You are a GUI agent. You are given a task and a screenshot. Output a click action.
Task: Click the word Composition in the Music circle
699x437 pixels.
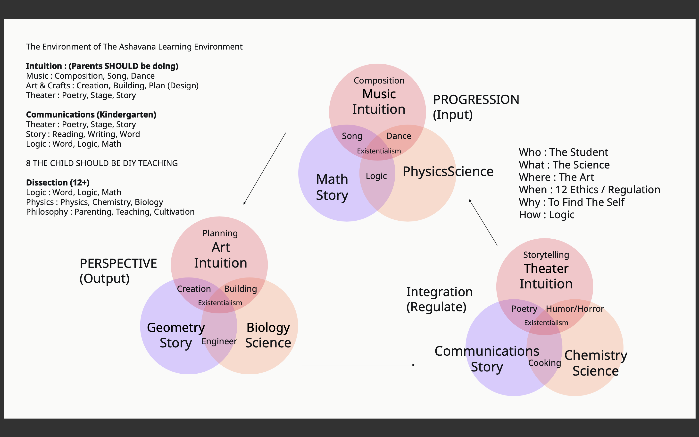pos(379,80)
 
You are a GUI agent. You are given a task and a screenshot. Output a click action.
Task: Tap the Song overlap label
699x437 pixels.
pos(352,136)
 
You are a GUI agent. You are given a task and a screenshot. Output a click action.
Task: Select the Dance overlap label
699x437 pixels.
pos(399,136)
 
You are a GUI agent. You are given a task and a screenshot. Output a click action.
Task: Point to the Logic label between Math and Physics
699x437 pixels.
pos(376,176)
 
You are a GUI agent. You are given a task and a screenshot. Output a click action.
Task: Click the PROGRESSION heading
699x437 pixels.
pos(476,100)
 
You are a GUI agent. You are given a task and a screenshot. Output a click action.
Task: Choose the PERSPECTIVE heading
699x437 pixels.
pos(118,264)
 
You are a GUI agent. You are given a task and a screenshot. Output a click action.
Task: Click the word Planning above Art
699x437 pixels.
pos(220,233)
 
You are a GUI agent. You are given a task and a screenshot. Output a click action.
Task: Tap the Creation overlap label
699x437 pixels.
pos(194,289)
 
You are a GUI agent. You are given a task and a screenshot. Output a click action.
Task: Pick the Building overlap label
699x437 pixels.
pos(240,289)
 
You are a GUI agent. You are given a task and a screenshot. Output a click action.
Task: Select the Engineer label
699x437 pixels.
pos(219,341)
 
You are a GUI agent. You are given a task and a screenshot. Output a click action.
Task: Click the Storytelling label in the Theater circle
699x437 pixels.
pos(546,255)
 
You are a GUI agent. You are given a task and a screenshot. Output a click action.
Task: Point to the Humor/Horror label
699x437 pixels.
pos(575,309)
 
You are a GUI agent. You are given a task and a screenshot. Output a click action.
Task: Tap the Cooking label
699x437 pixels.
pos(544,363)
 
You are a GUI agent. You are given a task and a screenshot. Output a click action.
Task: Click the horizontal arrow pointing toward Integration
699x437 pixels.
pos(358,365)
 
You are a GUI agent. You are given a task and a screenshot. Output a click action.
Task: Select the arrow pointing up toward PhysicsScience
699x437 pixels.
pos(483,222)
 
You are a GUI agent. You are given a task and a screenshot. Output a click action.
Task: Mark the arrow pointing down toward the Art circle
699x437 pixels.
pos(265,168)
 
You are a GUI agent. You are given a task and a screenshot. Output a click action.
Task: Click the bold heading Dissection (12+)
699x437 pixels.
pos(58,183)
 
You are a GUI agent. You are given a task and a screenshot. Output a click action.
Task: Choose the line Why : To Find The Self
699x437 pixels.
pos(571,202)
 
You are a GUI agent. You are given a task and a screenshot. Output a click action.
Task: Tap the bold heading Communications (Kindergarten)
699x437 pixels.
pos(91,115)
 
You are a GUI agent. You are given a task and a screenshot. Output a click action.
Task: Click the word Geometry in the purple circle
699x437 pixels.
pos(176,328)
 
